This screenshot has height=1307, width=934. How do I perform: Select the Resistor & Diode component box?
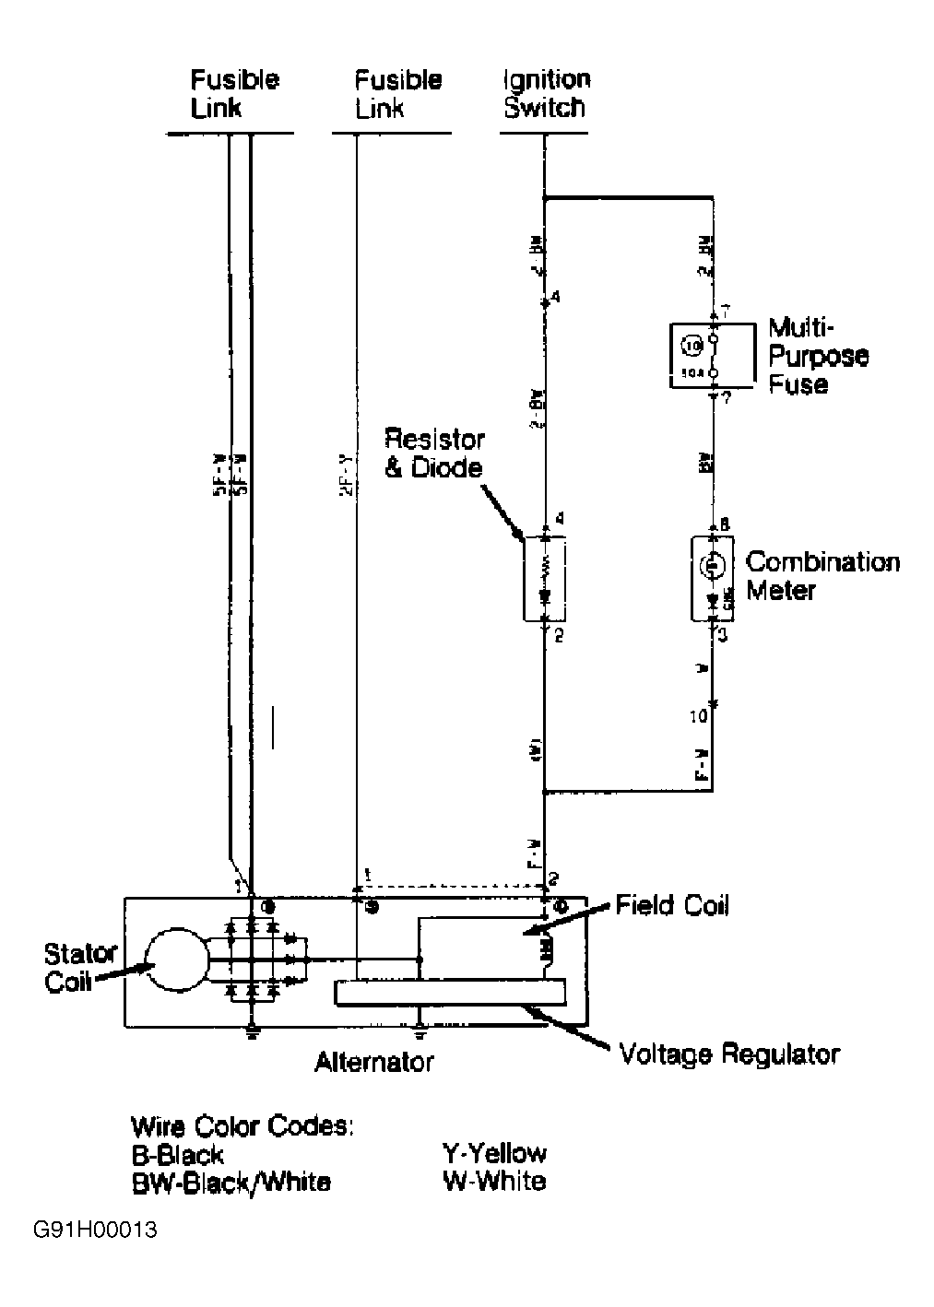click(x=544, y=578)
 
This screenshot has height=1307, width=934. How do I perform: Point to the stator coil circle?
click(x=177, y=960)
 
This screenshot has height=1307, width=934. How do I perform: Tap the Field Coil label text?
click(x=672, y=906)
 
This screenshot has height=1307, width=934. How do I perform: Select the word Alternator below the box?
click(x=373, y=1062)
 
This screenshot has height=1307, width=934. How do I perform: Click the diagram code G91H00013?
click(x=95, y=1230)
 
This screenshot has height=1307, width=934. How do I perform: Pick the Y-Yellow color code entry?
click(x=494, y=1153)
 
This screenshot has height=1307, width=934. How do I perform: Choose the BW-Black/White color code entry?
click(x=231, y=1182)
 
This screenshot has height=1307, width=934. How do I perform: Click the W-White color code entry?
click(x=493, y=1181)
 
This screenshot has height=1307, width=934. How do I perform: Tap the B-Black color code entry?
click(x=177, y=1154)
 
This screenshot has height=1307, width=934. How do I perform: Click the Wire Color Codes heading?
click(x=242, y=1125)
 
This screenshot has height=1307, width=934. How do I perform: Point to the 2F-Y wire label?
click(x=344, y=475)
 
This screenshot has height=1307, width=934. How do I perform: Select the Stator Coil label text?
click(x=81, y=966)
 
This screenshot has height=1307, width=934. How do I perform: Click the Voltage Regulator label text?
click(x=729, y=1054)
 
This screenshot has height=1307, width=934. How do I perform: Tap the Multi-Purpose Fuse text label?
click(x=819, y=356)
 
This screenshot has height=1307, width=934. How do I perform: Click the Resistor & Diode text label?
click(x=433, y=453)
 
